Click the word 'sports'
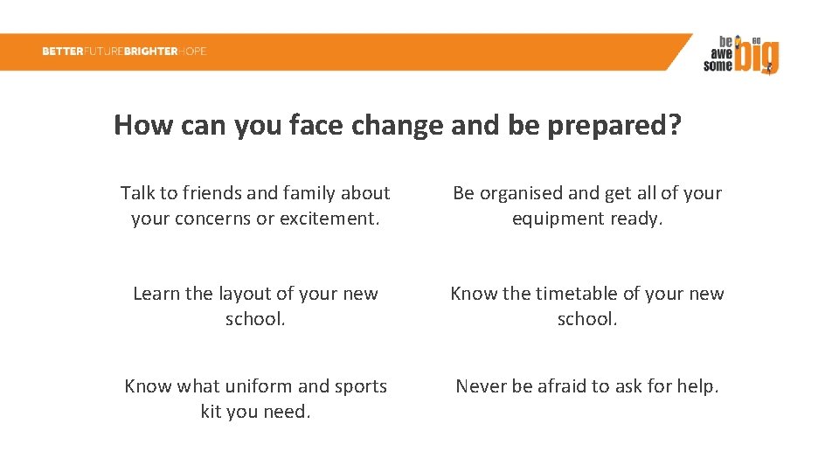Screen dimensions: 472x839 coord(358,386)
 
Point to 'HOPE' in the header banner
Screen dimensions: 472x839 coord(192,52)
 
